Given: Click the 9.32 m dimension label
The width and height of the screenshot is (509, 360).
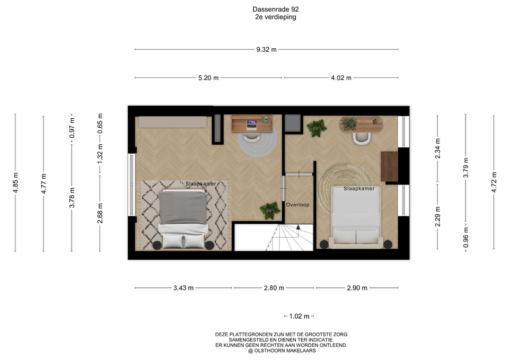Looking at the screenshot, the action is point(267,50).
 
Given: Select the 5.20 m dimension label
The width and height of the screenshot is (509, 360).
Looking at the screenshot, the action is point(208,78).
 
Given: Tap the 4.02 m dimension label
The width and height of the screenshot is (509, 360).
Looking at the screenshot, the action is point(341,78).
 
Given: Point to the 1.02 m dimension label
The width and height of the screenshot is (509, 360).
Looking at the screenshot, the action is point(299,316).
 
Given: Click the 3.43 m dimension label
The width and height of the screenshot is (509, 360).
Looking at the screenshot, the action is point(183,288).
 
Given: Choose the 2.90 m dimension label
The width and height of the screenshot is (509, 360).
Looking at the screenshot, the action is point(357,288).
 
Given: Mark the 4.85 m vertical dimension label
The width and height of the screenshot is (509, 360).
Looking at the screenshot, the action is point(15,183).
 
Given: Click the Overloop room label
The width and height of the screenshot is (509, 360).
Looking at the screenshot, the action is point(297,205).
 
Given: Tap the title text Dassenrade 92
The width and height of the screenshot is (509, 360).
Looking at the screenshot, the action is point(276,10).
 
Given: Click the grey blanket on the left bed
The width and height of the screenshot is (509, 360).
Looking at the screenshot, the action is point(183,207).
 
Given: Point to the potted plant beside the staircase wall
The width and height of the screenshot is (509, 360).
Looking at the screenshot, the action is point(270,210).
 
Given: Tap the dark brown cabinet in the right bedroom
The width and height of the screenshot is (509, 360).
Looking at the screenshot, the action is point(389,166).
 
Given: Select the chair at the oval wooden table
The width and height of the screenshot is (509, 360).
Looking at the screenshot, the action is point(362,138).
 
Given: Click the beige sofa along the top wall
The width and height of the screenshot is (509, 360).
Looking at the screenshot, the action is point(173,122).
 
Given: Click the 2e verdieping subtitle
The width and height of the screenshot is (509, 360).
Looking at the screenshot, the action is point(276,17).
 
